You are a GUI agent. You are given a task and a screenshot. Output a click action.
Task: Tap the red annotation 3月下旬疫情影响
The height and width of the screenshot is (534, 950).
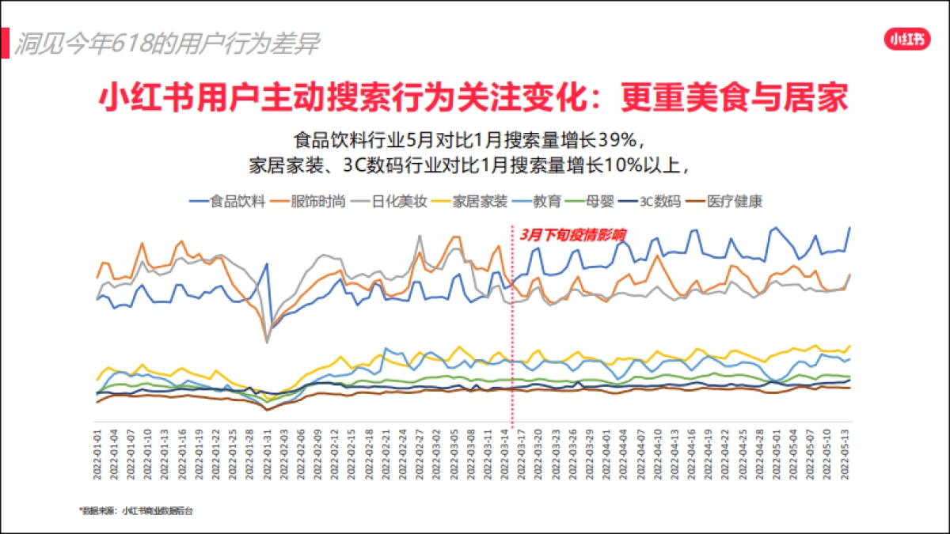click(x=573, y=234)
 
